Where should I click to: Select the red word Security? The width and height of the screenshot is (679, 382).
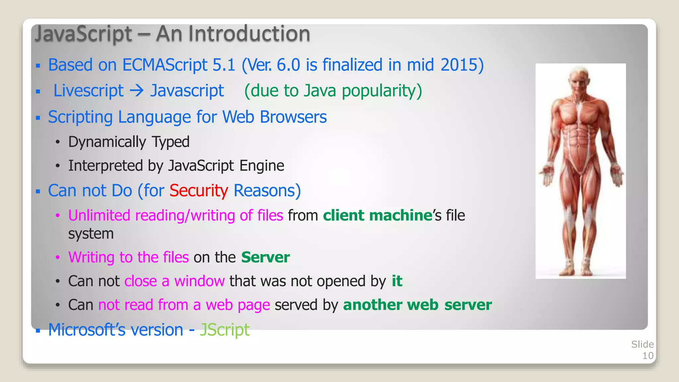pyautogui.click(x=199, y=191)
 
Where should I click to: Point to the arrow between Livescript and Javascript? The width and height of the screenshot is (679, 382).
pyautogui.click(x=137, y=90)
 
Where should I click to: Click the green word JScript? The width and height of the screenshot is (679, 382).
pyautogui.click(x=224, y=330)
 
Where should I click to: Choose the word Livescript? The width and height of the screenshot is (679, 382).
pyautogui.click(x=89, y=91)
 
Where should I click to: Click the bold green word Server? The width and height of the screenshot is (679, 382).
pyautogui.click(x=266, y=257)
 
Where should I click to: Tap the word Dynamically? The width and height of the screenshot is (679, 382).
pyautogui.click(x=107, y=142)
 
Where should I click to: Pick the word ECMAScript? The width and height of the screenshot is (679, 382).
pyautogui.click(x=165, y=65)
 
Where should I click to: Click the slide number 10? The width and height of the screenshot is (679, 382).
pyautogui.click(x=648, y=356)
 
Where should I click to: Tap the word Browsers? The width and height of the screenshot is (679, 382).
pyautogui.click(x=293, y=117)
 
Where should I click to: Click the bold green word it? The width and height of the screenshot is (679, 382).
pyautogui.click(x=397, y=281)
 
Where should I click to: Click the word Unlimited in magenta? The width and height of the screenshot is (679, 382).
pyautogui.click(x=99, y=216)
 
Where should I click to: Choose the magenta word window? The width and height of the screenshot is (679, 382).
pyautogui.click(x=200, y=281)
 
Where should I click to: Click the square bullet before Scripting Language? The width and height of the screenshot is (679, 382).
pyautogui.click(x=38, y=118)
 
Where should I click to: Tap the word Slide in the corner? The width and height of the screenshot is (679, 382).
pyautogui.click(x=642, y=344)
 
